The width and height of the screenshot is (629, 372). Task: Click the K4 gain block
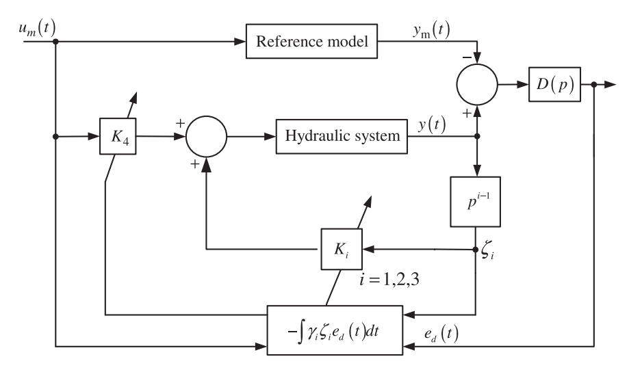point(118,136)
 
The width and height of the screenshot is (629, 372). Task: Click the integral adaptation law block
point(335,330)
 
